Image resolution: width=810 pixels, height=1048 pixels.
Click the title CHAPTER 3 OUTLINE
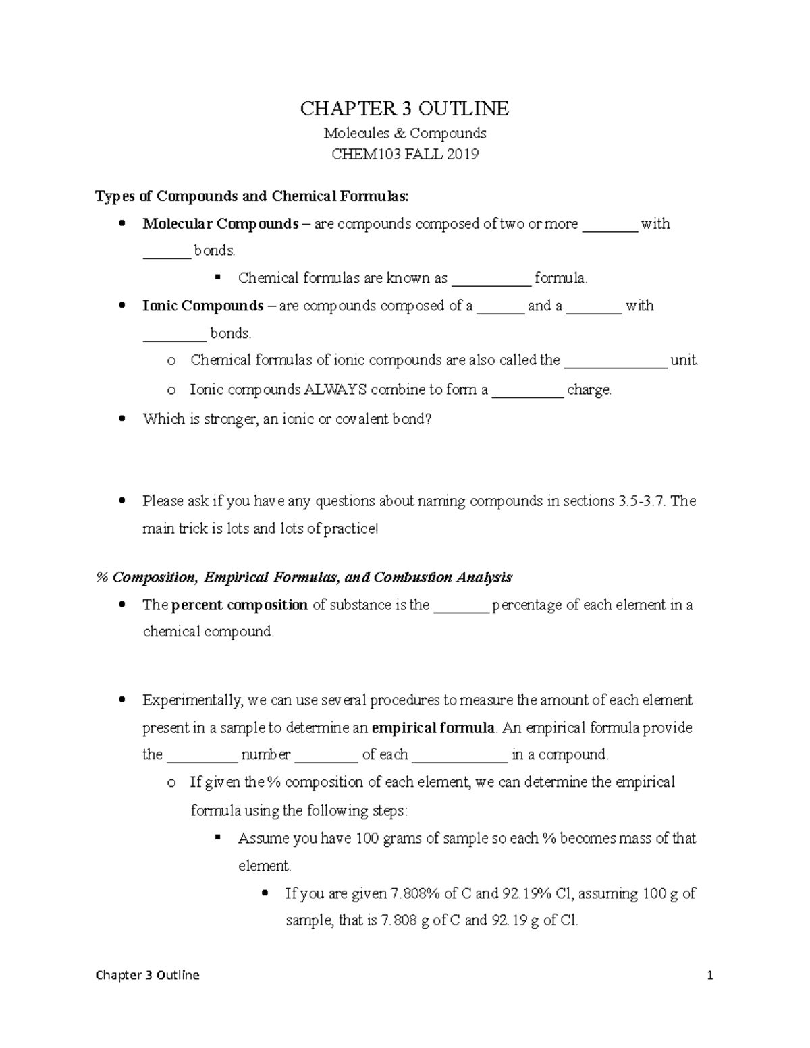[404, 108]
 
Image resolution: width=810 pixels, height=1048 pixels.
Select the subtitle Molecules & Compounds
[404, 133]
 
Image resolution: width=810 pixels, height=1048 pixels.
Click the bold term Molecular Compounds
[220, 224]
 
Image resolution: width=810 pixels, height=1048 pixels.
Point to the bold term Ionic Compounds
[202, 306]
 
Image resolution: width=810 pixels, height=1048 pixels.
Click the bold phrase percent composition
[240, 605]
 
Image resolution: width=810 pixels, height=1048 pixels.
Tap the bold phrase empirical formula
[434, 728]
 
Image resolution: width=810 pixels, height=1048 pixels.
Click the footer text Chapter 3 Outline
[148, 975]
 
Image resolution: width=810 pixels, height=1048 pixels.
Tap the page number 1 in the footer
[709, 975]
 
